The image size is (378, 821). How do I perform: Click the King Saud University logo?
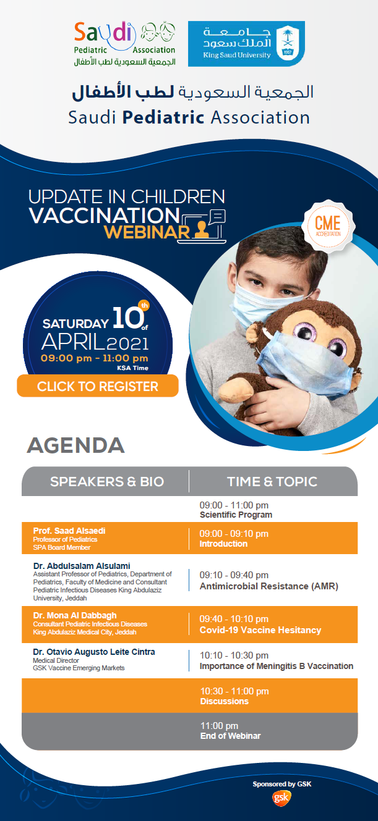pyautogui.click(x=246, y=44)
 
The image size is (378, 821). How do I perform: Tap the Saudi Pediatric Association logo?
pyautogui.click(x=125, y=44)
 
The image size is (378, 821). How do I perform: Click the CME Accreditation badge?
pyautogui.click(x=328, y=225)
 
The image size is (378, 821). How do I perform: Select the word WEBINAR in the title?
pyautogui.click(x=147, y=232)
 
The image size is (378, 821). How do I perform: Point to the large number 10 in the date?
pyautogui.click(x=127, y=318)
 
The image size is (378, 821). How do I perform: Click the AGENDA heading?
pyautogui.click(x=75, y=445)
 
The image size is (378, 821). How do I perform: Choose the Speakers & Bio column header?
pyautogui.click(x=107, y=481)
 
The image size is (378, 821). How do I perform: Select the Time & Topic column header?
pyautogui.click(x=272, y=481)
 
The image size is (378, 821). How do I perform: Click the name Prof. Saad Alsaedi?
pyautogui.click(x=69, y=531)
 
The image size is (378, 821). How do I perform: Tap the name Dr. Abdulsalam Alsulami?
pyautogui.click(x=82, y=566)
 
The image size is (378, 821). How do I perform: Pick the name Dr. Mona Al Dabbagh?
pyautogui.click(x=74, y=615)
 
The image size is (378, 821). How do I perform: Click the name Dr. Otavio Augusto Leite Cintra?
pyautogui.click(x=94, y=652)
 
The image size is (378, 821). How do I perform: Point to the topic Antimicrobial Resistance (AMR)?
pyautogui.click(x=268, y=586)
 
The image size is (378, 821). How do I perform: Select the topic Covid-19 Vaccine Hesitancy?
pyautogui.click(x=260, y=629)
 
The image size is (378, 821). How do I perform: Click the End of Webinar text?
pyautogui.click(x=231, y=736)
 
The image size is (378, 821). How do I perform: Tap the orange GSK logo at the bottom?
pyautogui.click(x=281, y=798)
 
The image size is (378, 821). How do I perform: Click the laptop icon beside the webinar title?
pyautogui.click(x=203, y=227)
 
